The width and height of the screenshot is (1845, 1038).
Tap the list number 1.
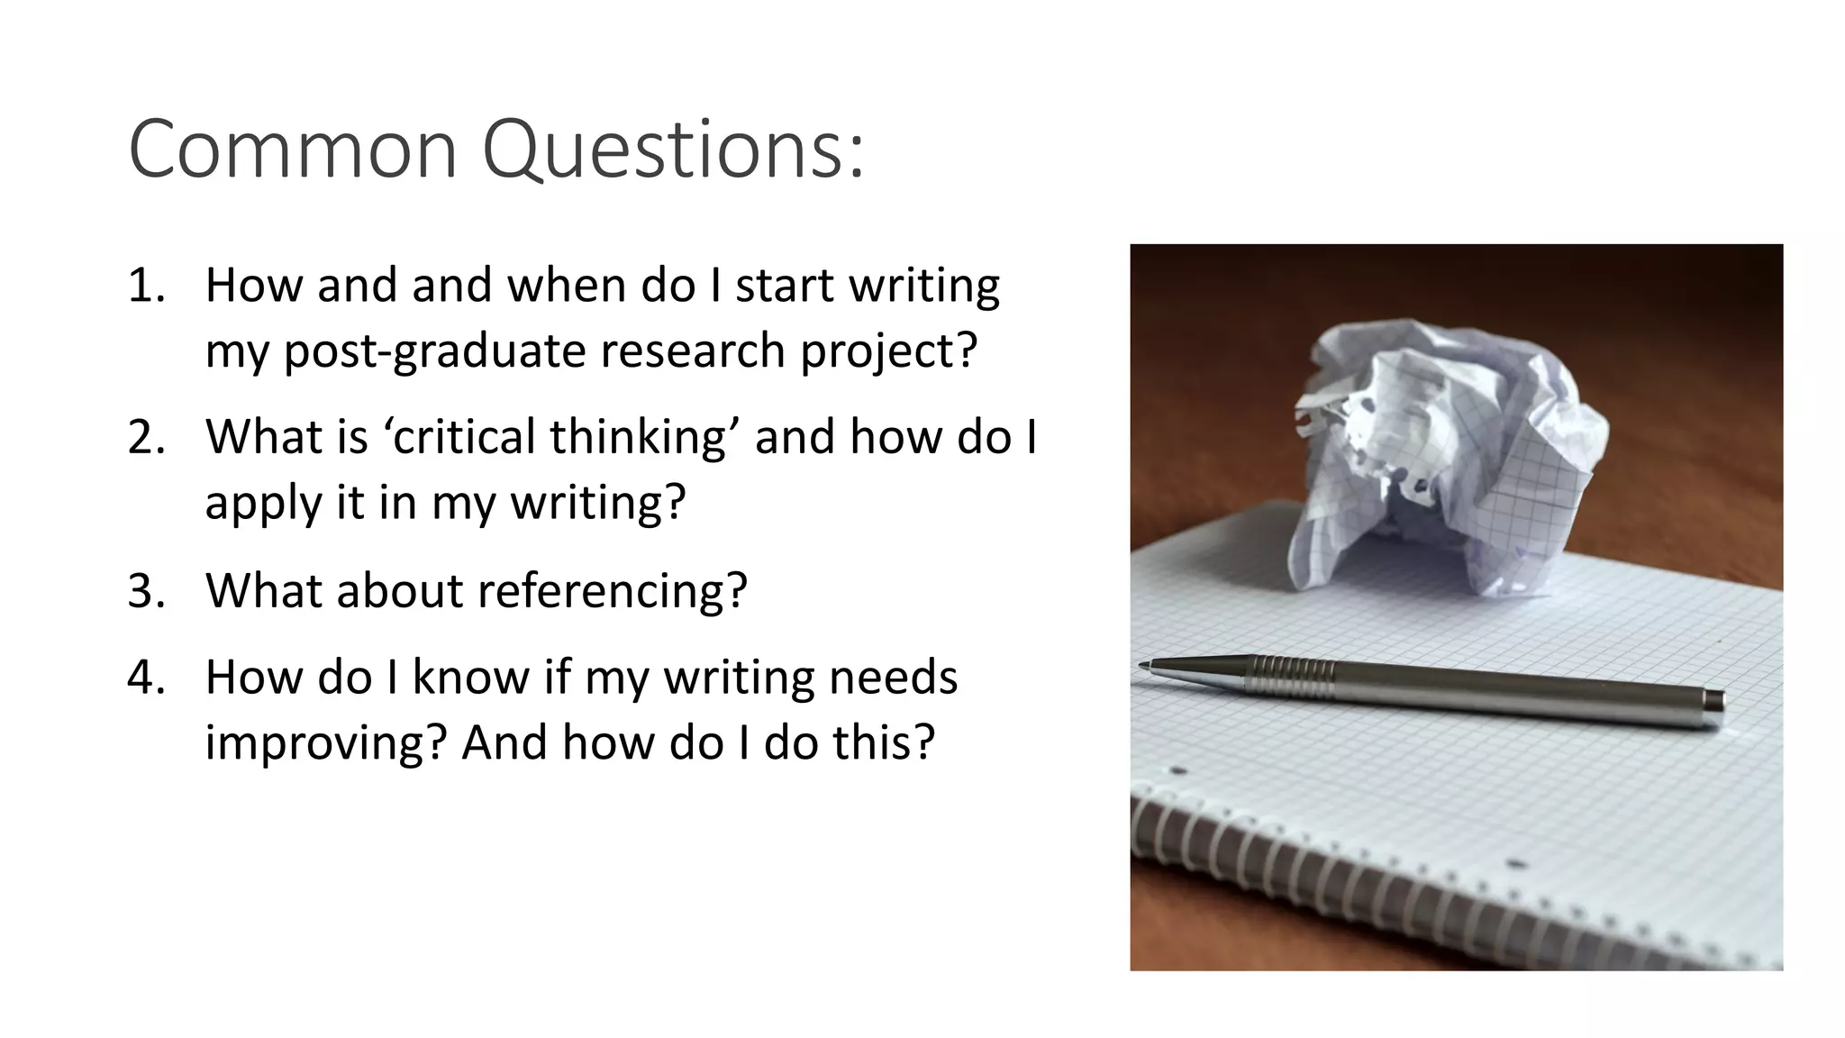(144, 286)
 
